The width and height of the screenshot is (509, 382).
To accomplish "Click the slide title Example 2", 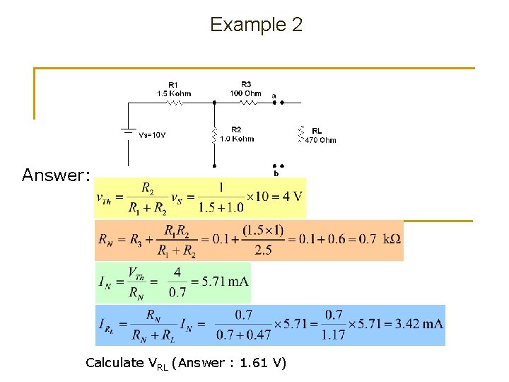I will pos(256,25).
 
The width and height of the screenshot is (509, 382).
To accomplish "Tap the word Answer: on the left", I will pos(56,175).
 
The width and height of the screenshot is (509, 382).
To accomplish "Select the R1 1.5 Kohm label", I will pos(173,89).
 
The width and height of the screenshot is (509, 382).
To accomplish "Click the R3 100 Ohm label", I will pos(245,88).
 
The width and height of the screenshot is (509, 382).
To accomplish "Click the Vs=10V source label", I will pos(152,135).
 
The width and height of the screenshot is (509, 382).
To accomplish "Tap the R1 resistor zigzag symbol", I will pos(174,103).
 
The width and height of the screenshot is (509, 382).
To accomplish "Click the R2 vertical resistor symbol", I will pos(213,134).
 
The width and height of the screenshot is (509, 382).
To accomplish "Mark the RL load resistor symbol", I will pos(300,134).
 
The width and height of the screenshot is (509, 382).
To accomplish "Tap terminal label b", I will pos(276,174).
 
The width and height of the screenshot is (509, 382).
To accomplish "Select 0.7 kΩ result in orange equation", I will pos(373,239).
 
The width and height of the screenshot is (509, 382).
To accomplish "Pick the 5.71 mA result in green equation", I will pos(225,281).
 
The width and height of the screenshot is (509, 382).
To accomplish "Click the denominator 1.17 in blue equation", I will pos(334,335).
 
